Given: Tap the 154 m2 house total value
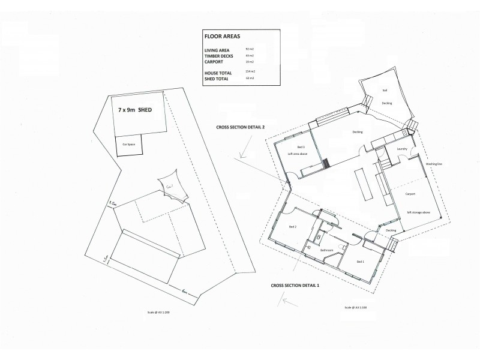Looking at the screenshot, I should tap(250, 72).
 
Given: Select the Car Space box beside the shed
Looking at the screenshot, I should tap(128, 145).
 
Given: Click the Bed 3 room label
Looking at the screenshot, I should tap(301, 147).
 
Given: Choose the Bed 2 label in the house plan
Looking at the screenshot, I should tap(293, 227).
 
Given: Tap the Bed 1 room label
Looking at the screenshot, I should tap(360, 262).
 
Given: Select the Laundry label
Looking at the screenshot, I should tap(403, 149).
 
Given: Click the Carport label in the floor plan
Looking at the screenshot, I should tap(411, 194).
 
